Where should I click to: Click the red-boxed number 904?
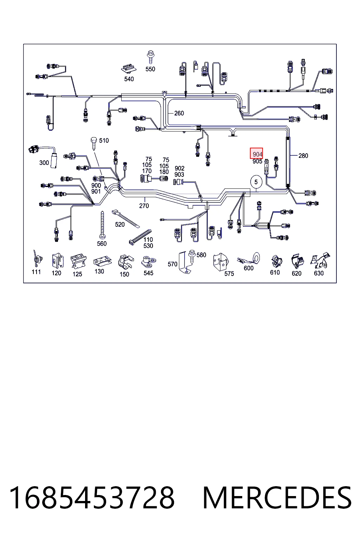click(x=257, y=154)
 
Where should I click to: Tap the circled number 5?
click(x=256, y=182)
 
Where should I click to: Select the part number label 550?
click(x=150, y=69)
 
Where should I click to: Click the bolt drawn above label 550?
click(x=151, y=57)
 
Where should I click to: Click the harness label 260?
click(x=179, y=113)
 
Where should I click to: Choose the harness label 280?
click(x=303, y=156)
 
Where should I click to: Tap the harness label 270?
click(x=144, y=206)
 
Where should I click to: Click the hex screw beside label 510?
click(x=94, y=144)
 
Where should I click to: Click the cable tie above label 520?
click(x=126, y=218)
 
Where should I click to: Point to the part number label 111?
click(x=36, y=272)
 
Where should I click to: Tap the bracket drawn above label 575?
click(x=221, y=262)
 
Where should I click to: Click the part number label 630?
click(x=319, y=273)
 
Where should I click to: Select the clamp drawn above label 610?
click(x=276, y=262)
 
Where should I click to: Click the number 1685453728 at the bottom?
click(x=92, y=498)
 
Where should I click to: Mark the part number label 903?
click(x=179, y=174)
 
